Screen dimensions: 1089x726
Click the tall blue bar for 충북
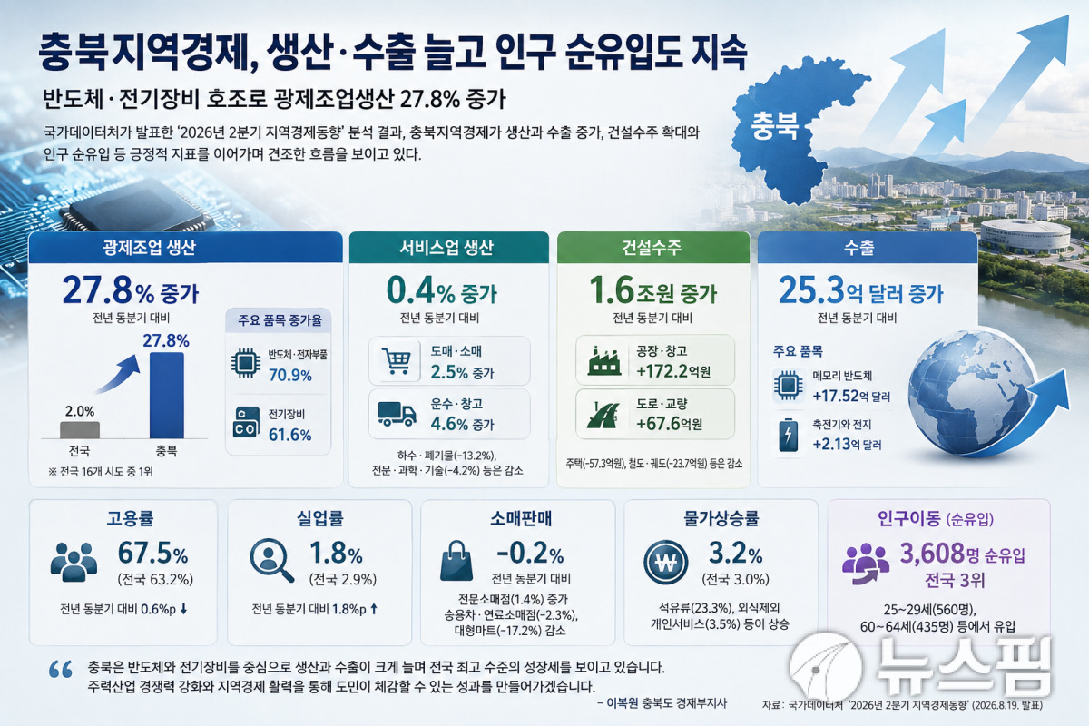click(167, 396)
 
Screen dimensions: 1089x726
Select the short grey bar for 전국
click(80, 430)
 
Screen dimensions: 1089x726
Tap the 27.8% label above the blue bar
click(166, 340)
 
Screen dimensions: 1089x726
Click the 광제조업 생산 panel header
click(186, 248)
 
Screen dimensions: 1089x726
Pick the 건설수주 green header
click(653, 248)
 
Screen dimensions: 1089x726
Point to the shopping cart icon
click(397, 360)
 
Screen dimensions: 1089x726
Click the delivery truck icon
click(397, 415)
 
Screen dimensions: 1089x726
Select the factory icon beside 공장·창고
click(604, 360)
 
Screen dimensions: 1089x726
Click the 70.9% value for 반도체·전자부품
click(290, 376)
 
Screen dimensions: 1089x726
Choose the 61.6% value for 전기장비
click(289, 435)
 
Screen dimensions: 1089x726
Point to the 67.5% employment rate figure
click(152, 554)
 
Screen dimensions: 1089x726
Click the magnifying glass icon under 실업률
click(271, 560)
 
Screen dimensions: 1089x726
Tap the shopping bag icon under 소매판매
click(456, 561)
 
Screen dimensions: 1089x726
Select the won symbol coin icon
click(666, 563)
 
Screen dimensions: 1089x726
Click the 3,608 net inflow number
click(932, 554)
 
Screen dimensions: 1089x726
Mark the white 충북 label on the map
click(775, 126)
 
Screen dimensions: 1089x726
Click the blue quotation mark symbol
click(61, 669)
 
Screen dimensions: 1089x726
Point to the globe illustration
click(972, 393)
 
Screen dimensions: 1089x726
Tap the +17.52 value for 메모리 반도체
click(836, 396)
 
